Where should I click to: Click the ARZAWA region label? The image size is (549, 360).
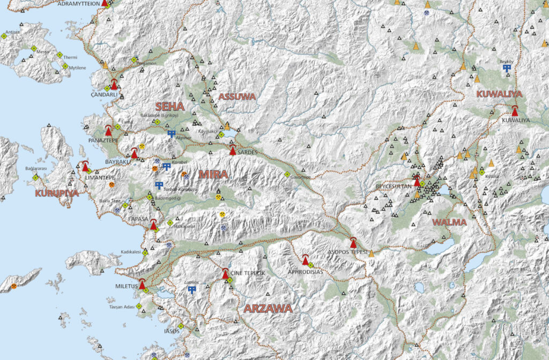coord(268,309)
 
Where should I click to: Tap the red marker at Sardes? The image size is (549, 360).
coord(233,151)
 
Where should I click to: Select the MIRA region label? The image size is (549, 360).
coord(213,174)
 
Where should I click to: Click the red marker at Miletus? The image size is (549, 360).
coord(142,284)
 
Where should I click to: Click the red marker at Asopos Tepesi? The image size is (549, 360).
coord(353,243)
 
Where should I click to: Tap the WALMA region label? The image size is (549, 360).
coord(449,222)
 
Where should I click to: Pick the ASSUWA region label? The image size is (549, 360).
coord(237,96)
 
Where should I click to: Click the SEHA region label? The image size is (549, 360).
coord(169,106)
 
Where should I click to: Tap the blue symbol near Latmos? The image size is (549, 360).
coord(191,290)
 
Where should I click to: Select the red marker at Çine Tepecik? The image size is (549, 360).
coord(226,274)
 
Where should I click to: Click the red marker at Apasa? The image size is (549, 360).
coord(153,225)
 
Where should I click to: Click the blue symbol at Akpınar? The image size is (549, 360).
coord(172,133)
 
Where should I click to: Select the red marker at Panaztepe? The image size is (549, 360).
coord(108,130)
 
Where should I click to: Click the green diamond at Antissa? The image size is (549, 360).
coord(4,36)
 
